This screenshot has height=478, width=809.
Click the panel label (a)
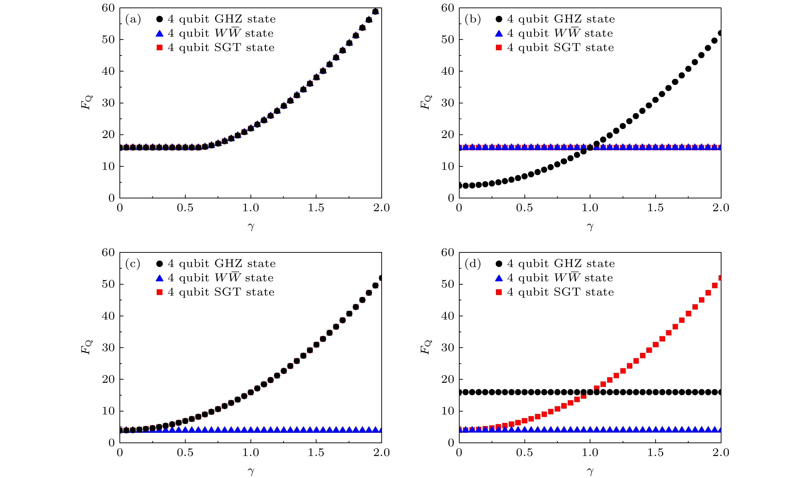(133, 20)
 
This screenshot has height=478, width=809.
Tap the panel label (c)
(133, 264)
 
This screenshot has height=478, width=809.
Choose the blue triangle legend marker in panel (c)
(160, 278)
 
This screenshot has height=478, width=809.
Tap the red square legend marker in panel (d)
(499, 292)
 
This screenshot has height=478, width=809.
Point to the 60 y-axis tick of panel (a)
(108, 8)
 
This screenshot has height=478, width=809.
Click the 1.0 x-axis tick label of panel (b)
(590, 208)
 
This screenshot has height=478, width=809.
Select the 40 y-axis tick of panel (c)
(108, 316)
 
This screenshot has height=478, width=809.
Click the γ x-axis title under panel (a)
(251, 227)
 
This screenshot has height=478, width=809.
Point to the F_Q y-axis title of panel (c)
(86, 347)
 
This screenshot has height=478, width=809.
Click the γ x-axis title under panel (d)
(590, 471)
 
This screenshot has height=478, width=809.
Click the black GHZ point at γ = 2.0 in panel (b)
(720, 33)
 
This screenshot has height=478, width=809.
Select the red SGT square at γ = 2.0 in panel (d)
(720, 278)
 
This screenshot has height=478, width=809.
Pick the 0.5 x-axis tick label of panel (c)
(185, 453)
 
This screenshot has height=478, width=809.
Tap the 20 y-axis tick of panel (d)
(448, 379)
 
